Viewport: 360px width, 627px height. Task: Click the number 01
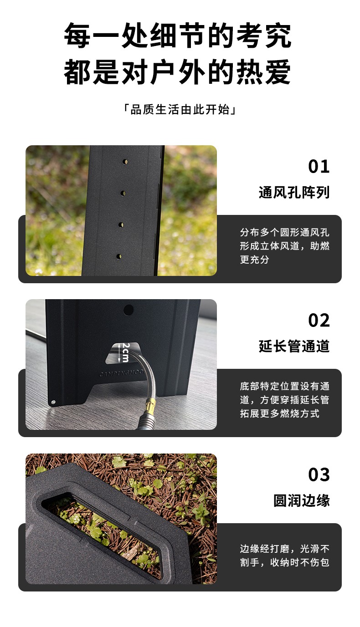click(x=319, y=167)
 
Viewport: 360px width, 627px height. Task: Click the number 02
click(x=319, y=321)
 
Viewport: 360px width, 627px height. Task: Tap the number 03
click(x=319, y=474)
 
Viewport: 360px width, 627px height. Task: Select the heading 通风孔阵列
click(x=294, y=192)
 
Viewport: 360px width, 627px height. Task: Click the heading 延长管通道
click(x=294, y=346)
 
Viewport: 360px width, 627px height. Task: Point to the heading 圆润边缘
click(x=302, y=500)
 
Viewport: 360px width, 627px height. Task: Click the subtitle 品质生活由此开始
click(x=180, y=109)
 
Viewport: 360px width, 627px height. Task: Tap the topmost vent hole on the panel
click(x=125, y=162)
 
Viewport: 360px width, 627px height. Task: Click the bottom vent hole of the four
click(x=119, y=256)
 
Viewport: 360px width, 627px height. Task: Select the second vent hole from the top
click(x=123, y=193)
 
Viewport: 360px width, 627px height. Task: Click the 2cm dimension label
click(x=125, y=352)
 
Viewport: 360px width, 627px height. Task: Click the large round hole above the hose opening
click(x=129, y=310)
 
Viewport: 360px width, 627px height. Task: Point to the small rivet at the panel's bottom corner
click(x=53, y=402)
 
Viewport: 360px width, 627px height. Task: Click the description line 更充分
click(x=254, y=260)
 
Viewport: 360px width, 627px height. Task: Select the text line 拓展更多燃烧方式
click(x=279, y=413)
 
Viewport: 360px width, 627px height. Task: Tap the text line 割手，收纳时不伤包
click(x=284, y=562)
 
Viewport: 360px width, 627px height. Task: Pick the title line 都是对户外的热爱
click(x=178, y=71)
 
